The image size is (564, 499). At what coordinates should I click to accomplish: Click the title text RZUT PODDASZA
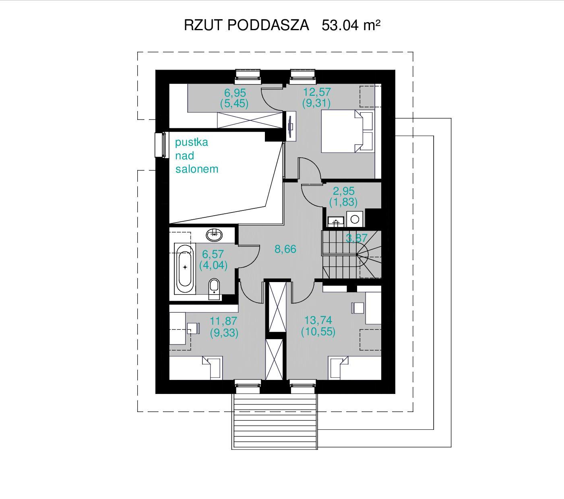pos(246,25)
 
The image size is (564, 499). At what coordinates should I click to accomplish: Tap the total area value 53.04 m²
pos(351,25)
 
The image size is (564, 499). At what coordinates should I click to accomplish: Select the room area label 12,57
pos(317,92)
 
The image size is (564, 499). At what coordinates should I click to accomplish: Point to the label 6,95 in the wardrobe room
pos(235,93)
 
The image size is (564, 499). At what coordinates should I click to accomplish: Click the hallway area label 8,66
pos(285,249)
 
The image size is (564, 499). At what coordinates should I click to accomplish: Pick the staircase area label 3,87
pos(357,238)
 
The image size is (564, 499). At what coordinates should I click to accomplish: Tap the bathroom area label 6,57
pos(213,254)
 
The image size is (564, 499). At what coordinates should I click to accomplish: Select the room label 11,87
pos(223,321)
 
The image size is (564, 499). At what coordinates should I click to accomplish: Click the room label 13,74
pos(318,320)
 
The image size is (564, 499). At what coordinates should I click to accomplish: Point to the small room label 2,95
pos(344,191)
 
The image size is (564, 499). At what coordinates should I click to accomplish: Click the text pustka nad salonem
pos(196,156)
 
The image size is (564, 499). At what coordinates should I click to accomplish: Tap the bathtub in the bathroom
pos(185,268)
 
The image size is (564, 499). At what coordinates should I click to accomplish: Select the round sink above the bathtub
pos(214,235)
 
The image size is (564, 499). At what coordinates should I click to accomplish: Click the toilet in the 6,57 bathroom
pos(214,289)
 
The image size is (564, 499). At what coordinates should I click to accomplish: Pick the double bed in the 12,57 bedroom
pos(347,131)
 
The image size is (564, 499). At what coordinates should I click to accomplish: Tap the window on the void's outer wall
pos(160,145)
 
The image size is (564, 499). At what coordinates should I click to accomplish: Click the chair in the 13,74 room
pos(358,308)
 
